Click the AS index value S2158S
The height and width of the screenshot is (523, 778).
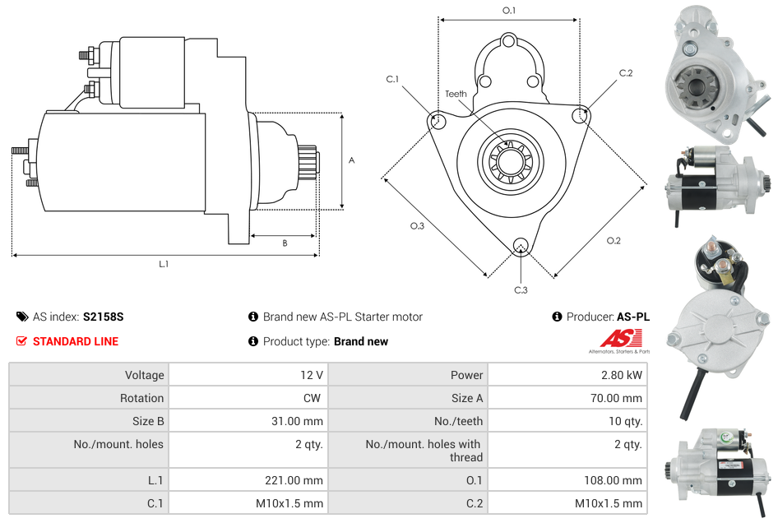(x=103, y=317)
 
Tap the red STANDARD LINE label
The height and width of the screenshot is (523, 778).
(x=75, y=341)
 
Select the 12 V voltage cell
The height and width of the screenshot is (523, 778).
(x=311, y=375)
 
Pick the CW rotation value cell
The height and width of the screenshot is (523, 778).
(x=313, y=398)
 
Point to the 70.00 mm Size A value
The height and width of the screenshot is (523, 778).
(x=618, y=398)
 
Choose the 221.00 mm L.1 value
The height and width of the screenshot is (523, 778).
(x=299, y=480)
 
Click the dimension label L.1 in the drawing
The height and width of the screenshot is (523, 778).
(x=164, y=264)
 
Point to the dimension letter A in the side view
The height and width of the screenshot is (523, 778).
(x=352, y=160)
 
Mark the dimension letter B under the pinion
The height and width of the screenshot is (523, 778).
(x=285, y=243)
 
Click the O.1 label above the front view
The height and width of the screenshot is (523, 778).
(x=509, y=11)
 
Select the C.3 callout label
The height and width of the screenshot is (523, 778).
(x=521, y=289)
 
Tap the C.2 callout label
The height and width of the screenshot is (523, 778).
(x=626, y=73)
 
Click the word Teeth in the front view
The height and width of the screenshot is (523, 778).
(x=456, y=94)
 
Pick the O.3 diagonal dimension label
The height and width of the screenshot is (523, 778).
(x=417, y=226)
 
